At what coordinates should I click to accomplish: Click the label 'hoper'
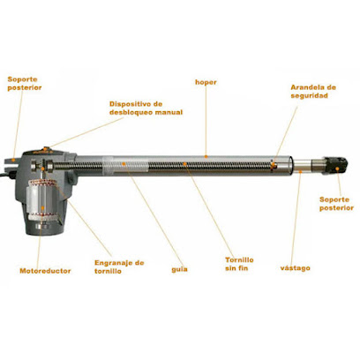click(206, 82)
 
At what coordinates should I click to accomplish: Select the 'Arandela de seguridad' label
click(313, 92)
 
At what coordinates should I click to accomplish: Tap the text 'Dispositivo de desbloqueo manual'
click(146, 108)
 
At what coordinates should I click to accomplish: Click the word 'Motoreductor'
click(45, 271)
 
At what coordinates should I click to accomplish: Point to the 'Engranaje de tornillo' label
click(119, 266)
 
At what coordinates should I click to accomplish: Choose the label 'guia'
click(179, 269)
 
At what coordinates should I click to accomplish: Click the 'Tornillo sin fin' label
click(239, 264)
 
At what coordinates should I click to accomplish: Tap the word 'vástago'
click(295, 268)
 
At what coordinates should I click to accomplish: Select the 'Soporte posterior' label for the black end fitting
click(336, 204)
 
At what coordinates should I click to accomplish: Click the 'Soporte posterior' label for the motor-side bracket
click(25, 83)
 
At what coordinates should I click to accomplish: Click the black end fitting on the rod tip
click(336, 166)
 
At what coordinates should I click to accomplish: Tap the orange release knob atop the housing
click(46, 148)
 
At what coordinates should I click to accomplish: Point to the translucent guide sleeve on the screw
click(126, 164)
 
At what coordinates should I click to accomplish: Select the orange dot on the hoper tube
click(206, 156)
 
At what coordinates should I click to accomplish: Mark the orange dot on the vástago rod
click(300, 171)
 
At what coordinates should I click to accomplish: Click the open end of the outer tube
click(291, 165)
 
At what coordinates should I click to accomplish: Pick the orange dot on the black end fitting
click(338, 169)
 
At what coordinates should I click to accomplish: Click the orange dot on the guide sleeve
click(124, 163)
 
